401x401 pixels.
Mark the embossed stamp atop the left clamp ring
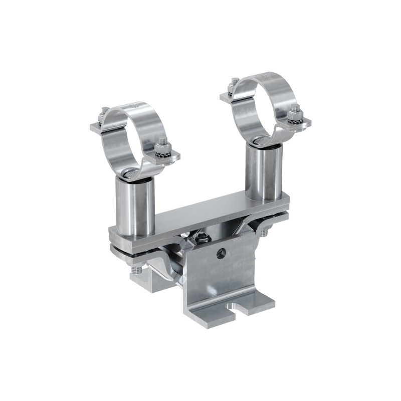(133, 106)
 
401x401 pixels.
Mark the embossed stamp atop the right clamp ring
(266, 76)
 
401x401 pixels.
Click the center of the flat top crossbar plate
(200, 218)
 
